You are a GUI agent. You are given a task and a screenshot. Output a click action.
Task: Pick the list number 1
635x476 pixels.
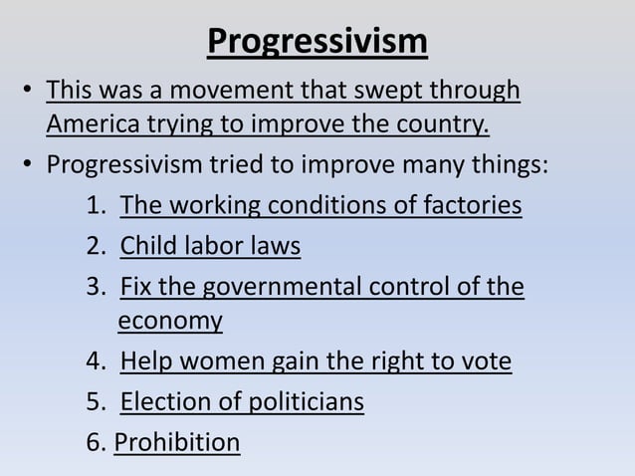point(97,206)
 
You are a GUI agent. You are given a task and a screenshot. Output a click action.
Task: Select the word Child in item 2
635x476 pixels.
point(145,245)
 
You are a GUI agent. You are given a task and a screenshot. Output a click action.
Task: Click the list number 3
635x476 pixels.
point(97,288)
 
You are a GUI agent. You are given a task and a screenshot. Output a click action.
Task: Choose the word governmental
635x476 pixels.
point(284,288)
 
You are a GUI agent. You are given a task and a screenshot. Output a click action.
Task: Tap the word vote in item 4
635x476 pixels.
point(487,360)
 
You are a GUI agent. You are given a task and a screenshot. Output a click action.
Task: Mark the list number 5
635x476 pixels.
point(97,401)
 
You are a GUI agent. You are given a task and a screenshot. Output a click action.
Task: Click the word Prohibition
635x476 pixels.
point(177,440)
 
